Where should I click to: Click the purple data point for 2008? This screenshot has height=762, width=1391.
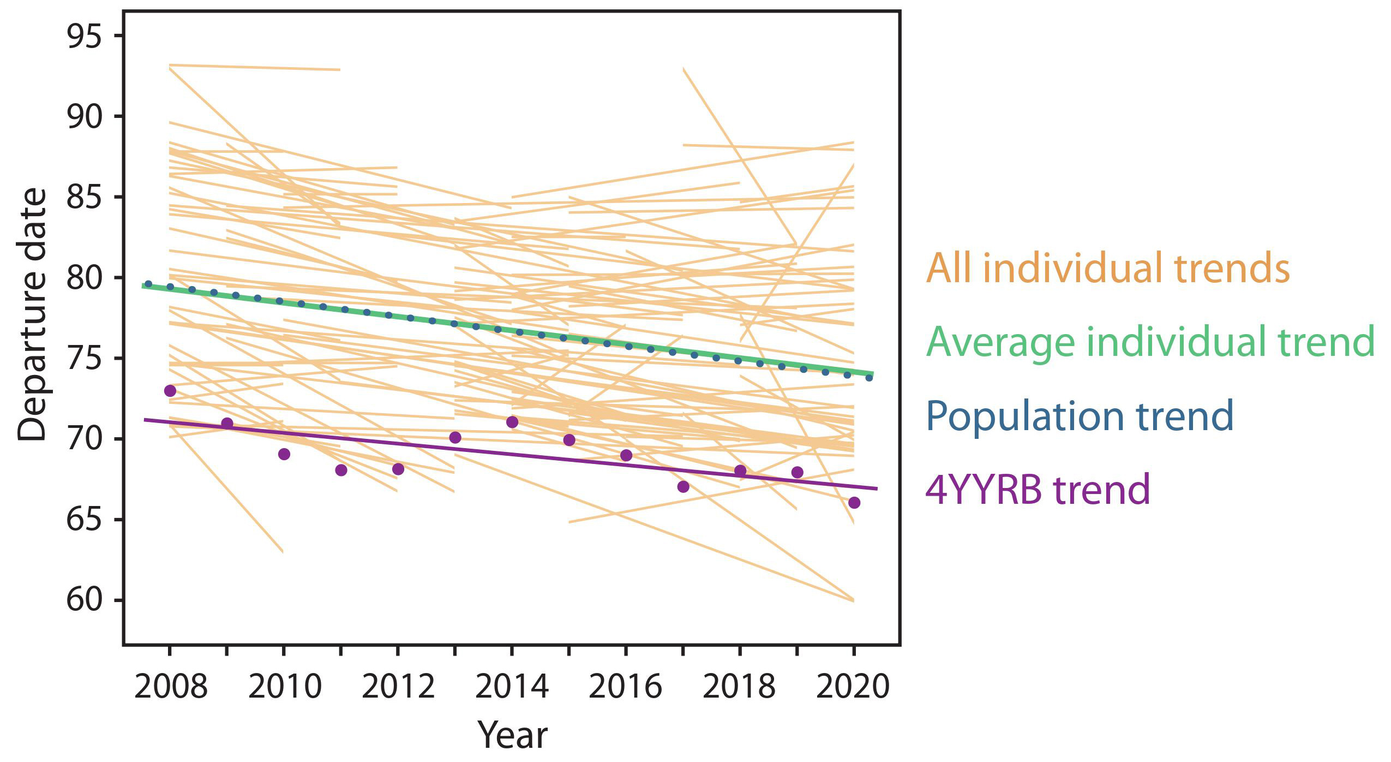click(x=170, y=391)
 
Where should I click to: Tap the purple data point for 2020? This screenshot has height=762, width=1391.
click(x=854, y=503)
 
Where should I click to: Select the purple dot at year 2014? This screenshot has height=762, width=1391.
click(x=512, y=422)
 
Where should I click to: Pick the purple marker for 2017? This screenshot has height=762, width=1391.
click(x=683, y=486)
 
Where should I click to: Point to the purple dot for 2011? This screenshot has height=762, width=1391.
click(x=341, y=470)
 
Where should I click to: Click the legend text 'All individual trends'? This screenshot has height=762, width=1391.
click(x=1107, y=268)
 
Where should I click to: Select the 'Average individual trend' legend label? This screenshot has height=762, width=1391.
click(x=1150, y=342)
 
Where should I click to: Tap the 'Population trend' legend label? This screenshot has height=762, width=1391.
click(x=1080, y=416)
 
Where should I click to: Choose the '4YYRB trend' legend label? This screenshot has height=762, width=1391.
click(x=1038, y=490)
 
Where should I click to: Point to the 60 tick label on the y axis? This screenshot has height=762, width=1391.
click(x=84, y=600)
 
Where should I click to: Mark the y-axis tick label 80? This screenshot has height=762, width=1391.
click(x=84, y=278)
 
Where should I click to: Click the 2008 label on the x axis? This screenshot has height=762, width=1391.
click(x=171, y=686)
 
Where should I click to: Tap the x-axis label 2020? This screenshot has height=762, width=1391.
click(x=853, y=686)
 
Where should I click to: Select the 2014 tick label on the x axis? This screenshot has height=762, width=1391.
click(x=512, y=686)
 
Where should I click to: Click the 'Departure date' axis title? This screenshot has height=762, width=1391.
click(x=32, y=314)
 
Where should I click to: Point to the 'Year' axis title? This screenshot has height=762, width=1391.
click(x=512, y=735)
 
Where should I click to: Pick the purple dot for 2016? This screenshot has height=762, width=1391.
click(x=626, y=455)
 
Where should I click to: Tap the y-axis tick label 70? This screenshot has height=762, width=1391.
click(x=84, y=439)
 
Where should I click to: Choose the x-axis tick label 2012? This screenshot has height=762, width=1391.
click(x=398, y=686)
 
